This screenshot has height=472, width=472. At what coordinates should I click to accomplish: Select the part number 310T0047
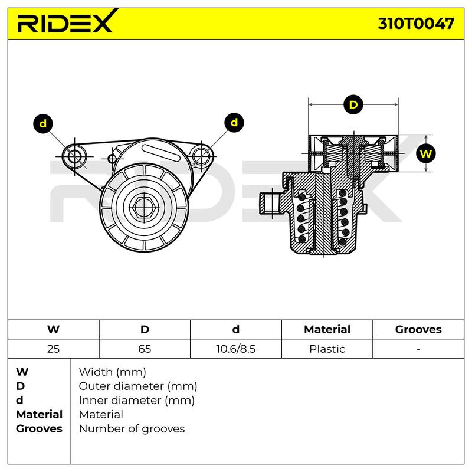416,24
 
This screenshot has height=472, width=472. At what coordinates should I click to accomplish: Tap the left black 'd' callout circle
43,124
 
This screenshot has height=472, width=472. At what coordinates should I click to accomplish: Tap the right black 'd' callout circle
234,123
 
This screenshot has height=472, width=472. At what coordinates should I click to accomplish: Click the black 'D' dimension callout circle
353,104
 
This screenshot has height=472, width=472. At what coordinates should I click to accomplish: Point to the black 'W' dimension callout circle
425,153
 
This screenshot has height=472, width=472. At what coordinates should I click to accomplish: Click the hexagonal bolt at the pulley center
143,207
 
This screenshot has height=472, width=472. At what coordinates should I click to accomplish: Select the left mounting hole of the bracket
74,156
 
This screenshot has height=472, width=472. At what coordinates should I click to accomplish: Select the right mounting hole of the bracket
201,156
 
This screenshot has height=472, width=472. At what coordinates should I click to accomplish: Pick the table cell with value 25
53,349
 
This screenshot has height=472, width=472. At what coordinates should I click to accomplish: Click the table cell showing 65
145,349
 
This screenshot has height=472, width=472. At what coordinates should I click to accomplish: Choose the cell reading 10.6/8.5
235,349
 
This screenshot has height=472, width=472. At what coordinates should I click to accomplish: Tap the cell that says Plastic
327,349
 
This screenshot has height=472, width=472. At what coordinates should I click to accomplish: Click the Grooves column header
418,329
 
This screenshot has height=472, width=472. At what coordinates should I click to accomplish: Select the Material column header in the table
327,329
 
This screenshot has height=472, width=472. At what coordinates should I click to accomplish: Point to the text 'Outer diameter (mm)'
138,386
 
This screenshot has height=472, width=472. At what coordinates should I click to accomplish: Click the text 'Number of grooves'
132,429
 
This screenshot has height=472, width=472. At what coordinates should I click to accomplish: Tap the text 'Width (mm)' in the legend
112,372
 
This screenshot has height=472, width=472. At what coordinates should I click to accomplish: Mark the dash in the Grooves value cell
418,349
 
